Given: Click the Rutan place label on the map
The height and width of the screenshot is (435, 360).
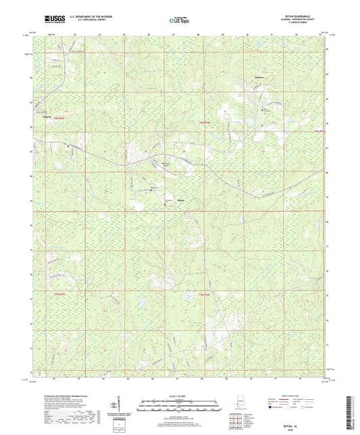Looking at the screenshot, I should [x=181, y=200].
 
